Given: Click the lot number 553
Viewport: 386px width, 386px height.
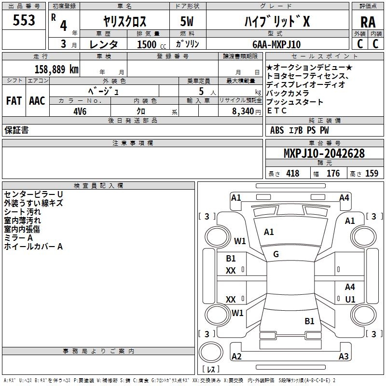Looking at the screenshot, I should [24, 20].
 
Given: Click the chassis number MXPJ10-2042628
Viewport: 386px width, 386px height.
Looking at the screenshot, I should [324, 154].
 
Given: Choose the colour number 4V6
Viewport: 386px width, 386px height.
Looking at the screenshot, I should [80, 110].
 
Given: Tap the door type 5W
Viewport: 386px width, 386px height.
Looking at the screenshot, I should [187, 21].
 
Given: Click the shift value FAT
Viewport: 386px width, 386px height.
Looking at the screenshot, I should [14, 100].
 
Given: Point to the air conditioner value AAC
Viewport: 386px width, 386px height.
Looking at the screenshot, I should [37, 100].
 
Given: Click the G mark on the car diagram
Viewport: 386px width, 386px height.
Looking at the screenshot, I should [276, 254].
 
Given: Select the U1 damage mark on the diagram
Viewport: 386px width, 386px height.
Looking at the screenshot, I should [350, 299].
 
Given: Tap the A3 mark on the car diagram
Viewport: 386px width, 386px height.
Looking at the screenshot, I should [344, 357].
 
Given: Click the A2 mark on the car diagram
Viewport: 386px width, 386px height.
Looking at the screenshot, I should [236, 357].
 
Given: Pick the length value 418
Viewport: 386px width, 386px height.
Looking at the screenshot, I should [292, 174].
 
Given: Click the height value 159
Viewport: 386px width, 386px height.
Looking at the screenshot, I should [372, 174].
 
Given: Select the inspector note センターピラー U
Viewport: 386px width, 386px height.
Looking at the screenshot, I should [33, 194].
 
